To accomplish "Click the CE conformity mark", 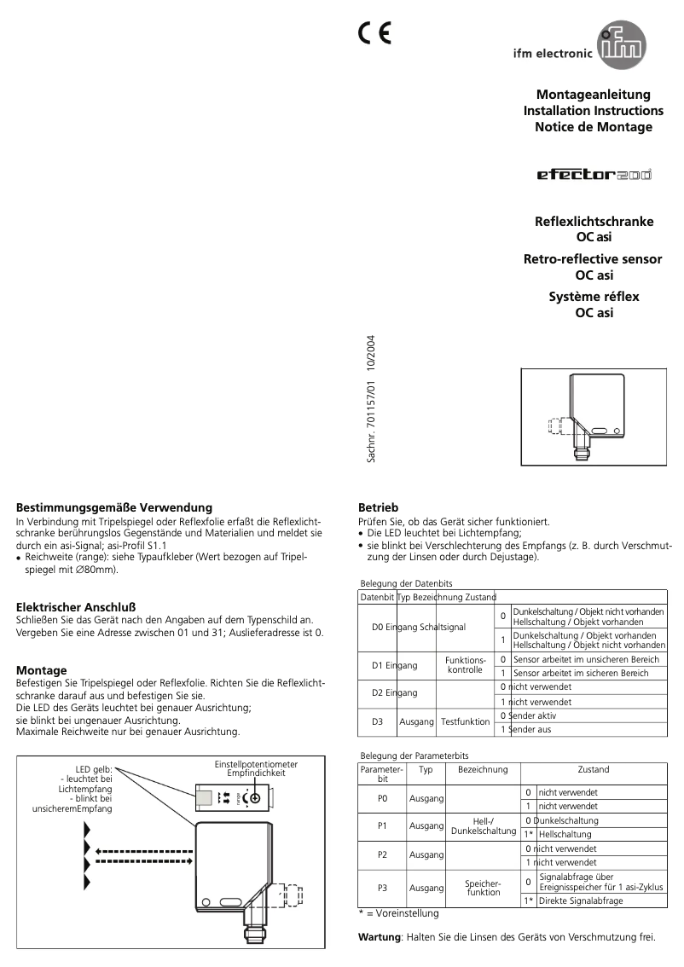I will [x=374, y=33].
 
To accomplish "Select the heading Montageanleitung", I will [x=593, y=95].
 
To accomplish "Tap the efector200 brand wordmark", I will [x=594, y=175].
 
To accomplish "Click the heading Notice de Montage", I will [x=593, y=127].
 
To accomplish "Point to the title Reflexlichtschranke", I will [x=594, y=221].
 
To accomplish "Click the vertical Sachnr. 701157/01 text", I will [x=371, y=400].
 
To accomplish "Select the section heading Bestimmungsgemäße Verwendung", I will [x=114, y=507].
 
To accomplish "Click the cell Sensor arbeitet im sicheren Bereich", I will [x=587, y=673].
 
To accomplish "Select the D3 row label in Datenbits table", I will [x=378, y=721].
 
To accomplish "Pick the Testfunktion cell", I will [x=465, y=721].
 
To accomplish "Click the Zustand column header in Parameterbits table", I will [x=593, y=769].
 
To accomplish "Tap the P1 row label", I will [x=382, y=825].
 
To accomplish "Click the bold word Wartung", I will [x=380, y=937].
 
